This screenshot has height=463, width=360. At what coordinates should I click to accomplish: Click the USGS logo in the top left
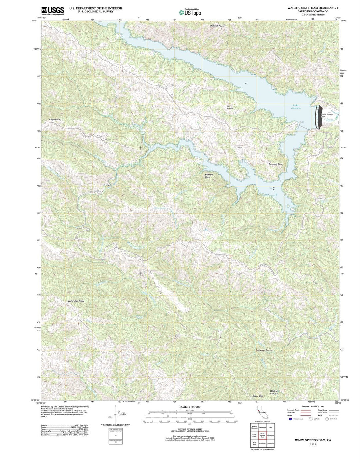53,11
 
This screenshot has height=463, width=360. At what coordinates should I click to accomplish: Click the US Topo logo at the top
190,12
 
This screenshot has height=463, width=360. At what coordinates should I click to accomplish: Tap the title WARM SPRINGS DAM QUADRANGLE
313,8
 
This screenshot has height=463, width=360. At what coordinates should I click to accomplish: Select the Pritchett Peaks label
217,26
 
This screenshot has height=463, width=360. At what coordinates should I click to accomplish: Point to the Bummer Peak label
276,164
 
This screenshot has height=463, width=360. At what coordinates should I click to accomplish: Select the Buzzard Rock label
209,176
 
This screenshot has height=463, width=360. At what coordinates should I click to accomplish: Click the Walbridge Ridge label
76,301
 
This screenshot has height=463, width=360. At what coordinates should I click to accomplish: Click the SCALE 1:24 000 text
190,407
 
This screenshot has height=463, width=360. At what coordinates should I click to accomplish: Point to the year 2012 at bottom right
313,444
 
